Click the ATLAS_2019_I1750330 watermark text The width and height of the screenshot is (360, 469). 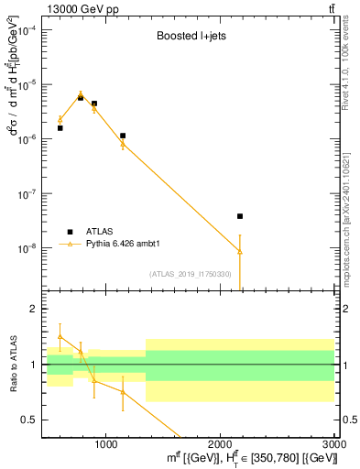[191, 274]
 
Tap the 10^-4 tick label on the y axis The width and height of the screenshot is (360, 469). [27, 29]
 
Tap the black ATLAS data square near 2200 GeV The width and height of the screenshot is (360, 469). [240, 216]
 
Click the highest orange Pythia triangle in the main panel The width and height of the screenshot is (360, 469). [81, 93]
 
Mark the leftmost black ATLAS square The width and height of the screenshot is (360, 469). [60, 128]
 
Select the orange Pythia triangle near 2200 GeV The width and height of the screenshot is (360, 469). [240, 251]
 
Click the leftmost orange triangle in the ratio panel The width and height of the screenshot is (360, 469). [60, 336]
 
